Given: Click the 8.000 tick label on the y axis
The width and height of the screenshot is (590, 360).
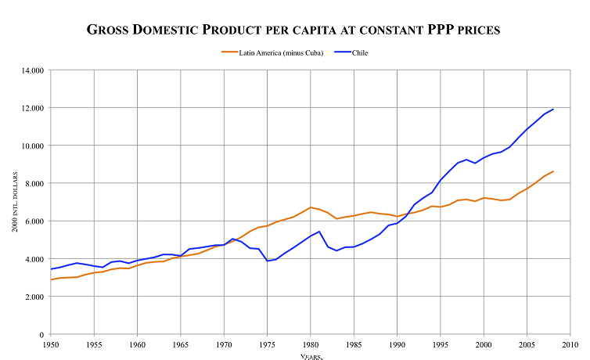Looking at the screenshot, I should (x=32, y=183).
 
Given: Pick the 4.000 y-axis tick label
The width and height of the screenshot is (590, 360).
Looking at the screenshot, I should (x=32, y=259).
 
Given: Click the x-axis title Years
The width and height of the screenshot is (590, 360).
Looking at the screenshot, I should (x=311, y=356).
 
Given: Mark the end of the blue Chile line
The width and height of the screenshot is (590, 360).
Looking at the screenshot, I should (x=553, y=109).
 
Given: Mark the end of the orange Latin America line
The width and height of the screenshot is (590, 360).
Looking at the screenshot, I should (x=553, y=171).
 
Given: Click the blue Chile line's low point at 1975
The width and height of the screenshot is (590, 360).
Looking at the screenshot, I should (x=267, y=261).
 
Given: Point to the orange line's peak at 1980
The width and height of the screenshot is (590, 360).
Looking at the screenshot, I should (x=311, y=207).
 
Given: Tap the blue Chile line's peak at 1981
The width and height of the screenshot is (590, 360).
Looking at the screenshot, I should (x=319, y=231).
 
